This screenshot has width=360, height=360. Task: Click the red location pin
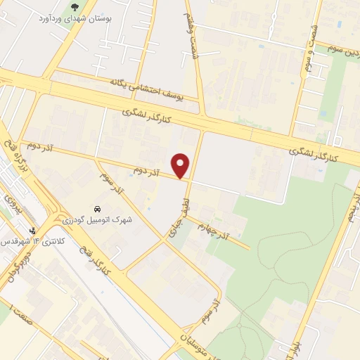pyautogui.click(x=181, y=165)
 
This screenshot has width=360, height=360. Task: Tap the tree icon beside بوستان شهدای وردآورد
pyautogui.click(x=75, y=8)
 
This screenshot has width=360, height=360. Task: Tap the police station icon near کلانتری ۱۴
pyautogui.click(x=32, y=231)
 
